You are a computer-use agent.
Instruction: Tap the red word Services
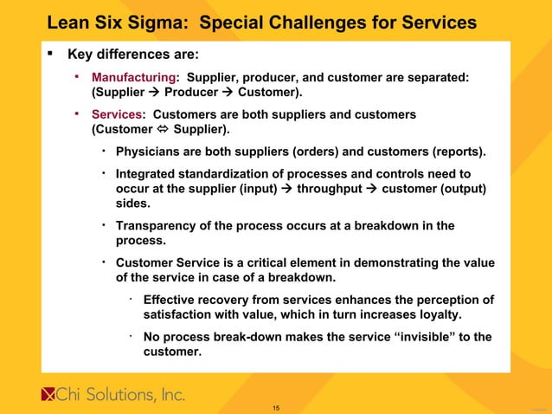click(x=118, y=114)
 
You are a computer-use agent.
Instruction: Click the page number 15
click(x=276, y=407)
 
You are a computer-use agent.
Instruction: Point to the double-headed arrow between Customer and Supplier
click(x=157, y=130)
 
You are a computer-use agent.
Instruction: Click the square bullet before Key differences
click(x=51, y=54)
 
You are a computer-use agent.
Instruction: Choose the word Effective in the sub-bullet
click(x=172, y=300)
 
